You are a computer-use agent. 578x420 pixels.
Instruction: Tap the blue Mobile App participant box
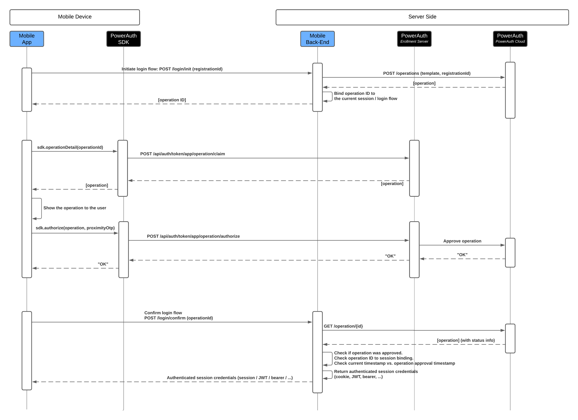click(27, 39)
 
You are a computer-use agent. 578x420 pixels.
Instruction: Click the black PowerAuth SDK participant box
click(124, 39)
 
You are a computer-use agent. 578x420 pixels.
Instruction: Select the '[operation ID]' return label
click(172, 100)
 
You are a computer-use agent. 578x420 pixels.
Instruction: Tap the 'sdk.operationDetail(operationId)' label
click(70, 147)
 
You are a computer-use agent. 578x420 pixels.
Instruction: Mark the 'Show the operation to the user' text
click(75, 208)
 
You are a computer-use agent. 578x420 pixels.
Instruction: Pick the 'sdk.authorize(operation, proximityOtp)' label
click(75, 228)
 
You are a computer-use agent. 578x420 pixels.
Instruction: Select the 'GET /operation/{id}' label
click(343, 326)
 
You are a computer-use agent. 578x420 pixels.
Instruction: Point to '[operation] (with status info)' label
click(466, 340)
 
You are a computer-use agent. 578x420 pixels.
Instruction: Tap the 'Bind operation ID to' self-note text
click(355, 93)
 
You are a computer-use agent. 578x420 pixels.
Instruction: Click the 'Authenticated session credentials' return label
click(230, 378)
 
